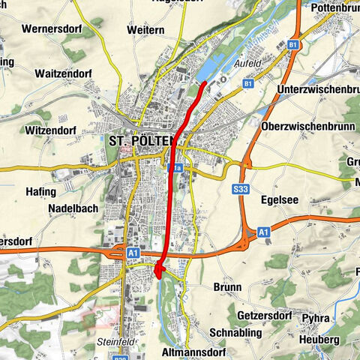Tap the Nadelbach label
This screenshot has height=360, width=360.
pos(73,208)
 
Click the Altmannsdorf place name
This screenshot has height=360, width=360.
pos(193,350)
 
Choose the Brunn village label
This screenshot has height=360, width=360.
pos(227,287)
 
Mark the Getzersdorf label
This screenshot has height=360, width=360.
pos(265,316)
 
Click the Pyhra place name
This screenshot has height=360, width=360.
pos(315,319)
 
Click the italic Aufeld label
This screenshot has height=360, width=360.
pos(249,64)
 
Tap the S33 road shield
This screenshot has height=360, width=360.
pos(241,189)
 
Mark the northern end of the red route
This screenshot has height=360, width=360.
pos(205,81)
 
